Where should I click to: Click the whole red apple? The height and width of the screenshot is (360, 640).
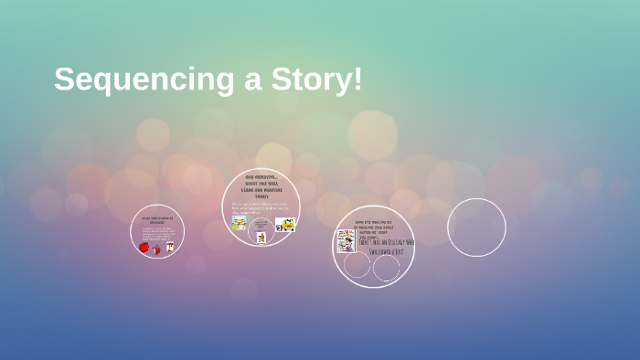coord(144,247)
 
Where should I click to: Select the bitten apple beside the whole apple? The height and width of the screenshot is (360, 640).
coord(156,249)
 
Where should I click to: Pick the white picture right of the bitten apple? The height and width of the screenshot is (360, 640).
coord(169,247)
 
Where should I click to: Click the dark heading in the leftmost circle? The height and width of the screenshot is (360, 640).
coord(157,220)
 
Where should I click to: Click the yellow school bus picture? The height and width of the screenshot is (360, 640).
coord(284,224)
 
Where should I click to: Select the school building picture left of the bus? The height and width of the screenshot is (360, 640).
coord(240,223)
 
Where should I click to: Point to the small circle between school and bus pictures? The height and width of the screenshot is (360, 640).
coord(261,230)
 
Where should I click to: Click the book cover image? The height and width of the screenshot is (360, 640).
coord(346,240)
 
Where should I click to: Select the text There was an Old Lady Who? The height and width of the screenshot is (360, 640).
coord(387,242)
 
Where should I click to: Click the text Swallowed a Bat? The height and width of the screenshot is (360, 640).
coord(392,251)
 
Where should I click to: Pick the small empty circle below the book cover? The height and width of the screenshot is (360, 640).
coord(357,265)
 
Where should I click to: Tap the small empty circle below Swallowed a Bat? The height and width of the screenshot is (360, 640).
coord(387,269)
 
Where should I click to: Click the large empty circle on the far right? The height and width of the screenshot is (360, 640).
coord(476,228)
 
